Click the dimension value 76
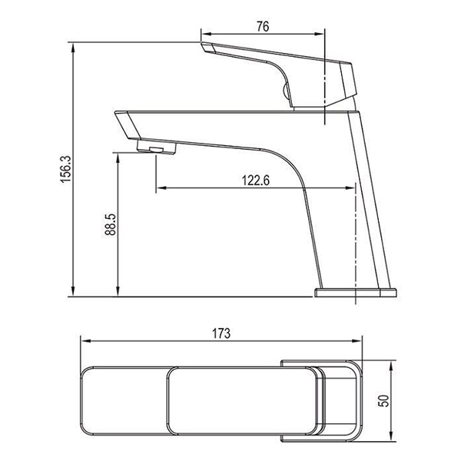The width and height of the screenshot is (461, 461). point(263,26)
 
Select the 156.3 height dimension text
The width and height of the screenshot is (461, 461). point(66,169)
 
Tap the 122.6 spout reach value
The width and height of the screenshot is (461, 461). point(256,181)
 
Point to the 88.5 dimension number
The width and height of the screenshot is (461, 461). point(111,224)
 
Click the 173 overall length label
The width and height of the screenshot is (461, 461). point(221,333)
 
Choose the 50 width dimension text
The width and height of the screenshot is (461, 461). point(383,401)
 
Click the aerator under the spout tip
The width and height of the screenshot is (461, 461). point(157,147)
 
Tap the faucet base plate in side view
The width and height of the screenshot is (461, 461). point(356,293)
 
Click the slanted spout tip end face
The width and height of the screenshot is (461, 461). point(128,125)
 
